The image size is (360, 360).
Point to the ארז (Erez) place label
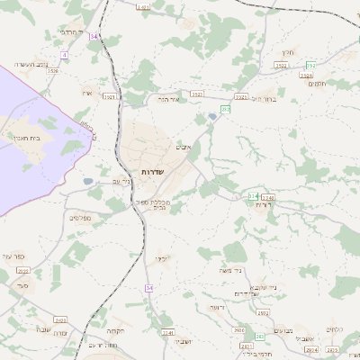(x=86, y=94)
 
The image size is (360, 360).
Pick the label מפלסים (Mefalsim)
(x=80, y=217)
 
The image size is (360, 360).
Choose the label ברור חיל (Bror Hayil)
(x=265, y=98)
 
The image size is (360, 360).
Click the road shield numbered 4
(x=65, y=55)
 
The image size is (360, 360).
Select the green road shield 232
(x=226, y=109)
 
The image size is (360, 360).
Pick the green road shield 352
(x=310, y=65)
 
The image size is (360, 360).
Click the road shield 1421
(x=143, y=6)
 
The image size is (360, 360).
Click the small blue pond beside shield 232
(x=212, y=117)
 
